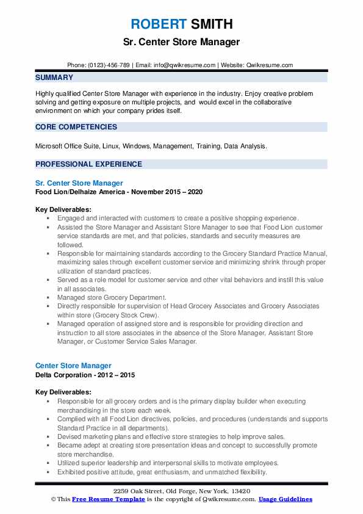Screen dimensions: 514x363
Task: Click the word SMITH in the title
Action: click(211, 25)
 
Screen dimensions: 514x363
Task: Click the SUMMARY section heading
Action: click(54, 78)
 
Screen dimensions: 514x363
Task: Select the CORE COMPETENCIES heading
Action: click(76, 127)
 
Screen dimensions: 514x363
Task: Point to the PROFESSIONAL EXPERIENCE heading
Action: click(88, 164)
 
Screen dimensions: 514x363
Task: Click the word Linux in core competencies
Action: click(106, 147)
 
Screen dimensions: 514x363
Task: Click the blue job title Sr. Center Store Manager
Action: click(79, 183)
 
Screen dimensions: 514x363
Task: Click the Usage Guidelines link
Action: click(285, 499)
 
